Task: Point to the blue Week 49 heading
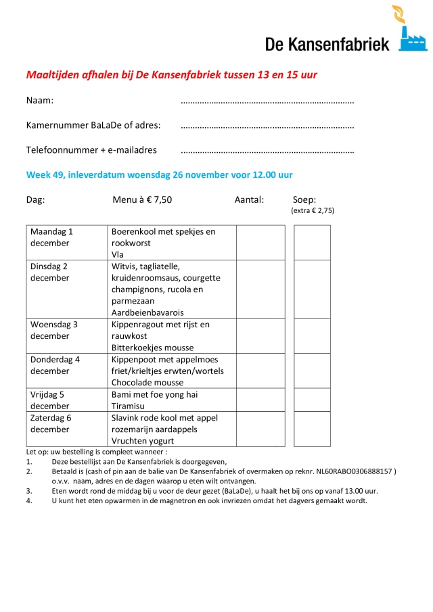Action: click(x=159, y=174)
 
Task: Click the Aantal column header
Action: click(x=249, y=199)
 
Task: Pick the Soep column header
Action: click(x=304, y=199)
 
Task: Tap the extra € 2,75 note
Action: click(x=313, y=210)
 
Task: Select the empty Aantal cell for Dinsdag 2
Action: click(x=260, y=289)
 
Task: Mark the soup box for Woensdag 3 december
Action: click(x=312, y=335)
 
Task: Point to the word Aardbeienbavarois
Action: click(x=147, y=312)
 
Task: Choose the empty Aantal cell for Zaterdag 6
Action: click(x=260, y=429)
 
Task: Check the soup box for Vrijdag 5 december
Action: click(x=312, y=400)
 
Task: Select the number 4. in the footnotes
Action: click(x=29, y=501)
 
